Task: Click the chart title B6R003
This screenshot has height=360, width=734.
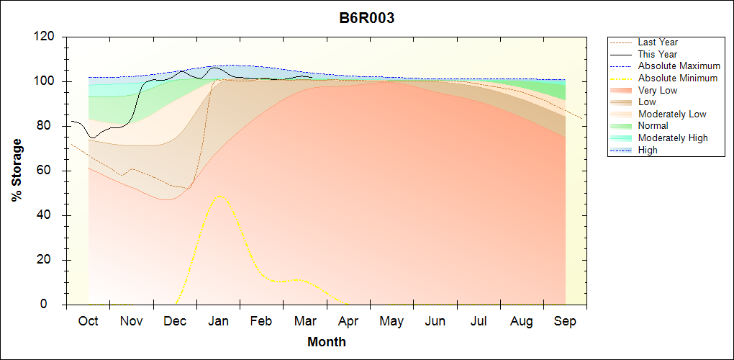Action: (x=367, y=19)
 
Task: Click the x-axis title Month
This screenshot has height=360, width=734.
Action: (x=327, y=342)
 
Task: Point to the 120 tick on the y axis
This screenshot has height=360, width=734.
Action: (x=45, y=37)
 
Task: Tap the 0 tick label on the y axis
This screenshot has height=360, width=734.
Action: (x=54, y=305)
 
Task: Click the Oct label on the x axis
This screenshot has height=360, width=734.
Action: (x=88, y=321)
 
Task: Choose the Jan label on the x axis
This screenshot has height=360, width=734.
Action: (x=219, y=321)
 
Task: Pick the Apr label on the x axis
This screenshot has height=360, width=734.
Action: (x=349, y=321)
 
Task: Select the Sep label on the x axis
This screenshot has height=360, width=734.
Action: (x=565, y=321)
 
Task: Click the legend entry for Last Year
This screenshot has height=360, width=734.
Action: (x=658, y=42)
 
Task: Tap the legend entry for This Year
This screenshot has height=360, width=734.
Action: (x=658, y=54)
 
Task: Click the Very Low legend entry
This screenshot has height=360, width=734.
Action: (x=658, y=90)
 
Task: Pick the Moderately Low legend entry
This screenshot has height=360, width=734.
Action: (x=672, y=114)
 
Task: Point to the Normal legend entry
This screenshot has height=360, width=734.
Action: (x=653, y=126)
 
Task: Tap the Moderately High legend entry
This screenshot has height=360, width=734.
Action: (x=673, y=138)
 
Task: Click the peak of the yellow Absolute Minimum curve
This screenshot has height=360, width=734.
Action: (x=219, y=196)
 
